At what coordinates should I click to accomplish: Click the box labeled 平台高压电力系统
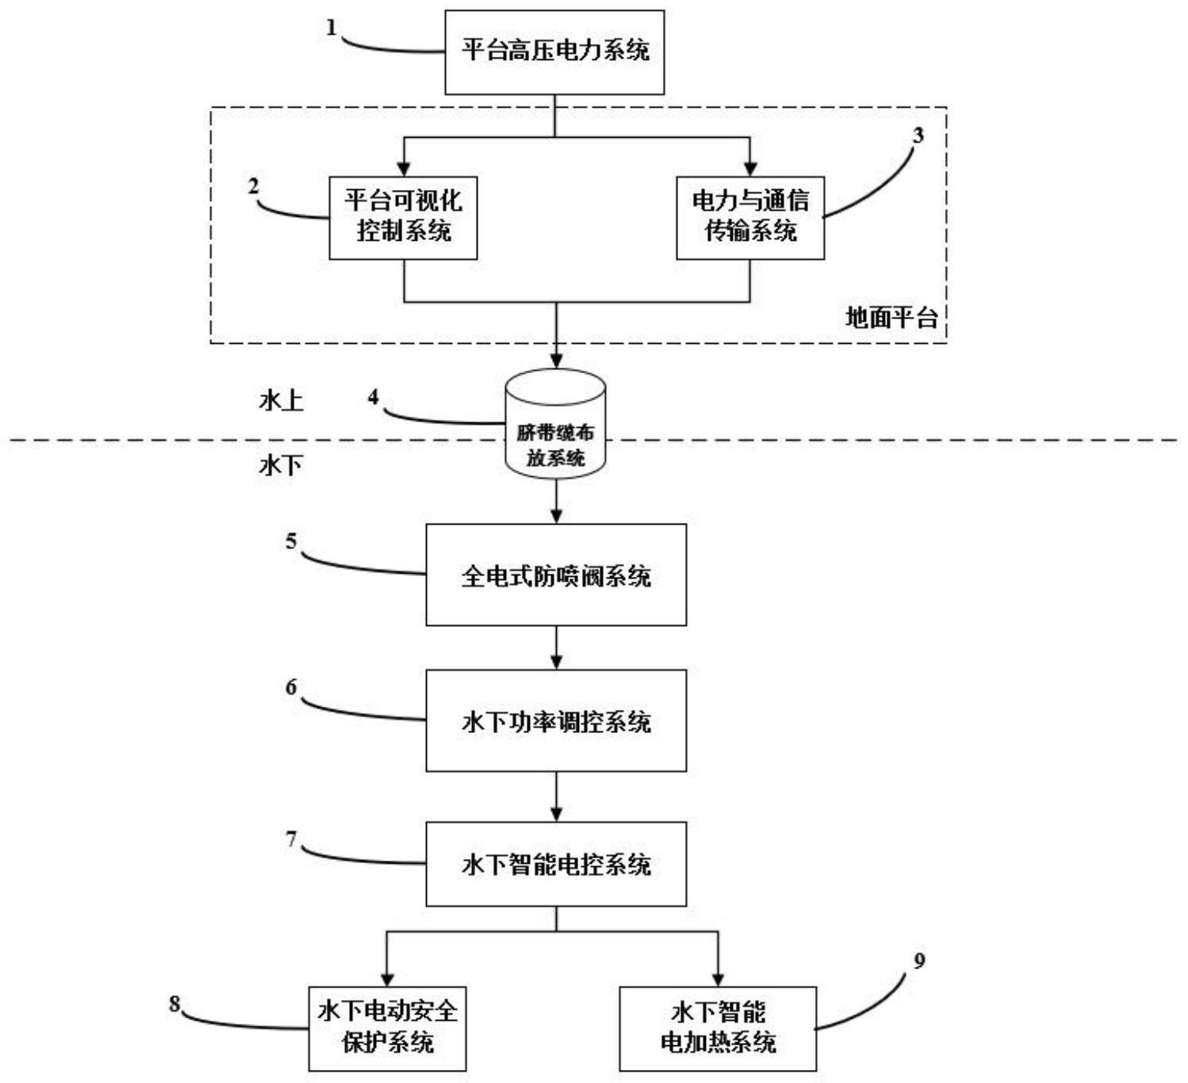click(554, 52)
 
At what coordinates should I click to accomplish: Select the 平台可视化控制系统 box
click(403, 218)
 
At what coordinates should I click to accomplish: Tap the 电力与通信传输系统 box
click(750, 218)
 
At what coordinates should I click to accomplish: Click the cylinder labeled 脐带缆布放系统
click(555, 425)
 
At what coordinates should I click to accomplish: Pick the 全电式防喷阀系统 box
click(556, 575)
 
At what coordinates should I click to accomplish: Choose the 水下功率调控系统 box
click(556, 721)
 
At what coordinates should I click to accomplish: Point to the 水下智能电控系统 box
click(556, 864)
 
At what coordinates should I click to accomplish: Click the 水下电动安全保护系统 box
click(388, 1028)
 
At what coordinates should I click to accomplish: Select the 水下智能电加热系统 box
click(717, 1028)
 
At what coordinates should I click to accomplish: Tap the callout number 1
click(331, 28)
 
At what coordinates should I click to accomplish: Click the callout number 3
click(917, 135)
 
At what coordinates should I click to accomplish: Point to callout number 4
click(374, 397)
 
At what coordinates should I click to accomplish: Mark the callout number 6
click(291, 687)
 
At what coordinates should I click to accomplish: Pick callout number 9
click(919, 961)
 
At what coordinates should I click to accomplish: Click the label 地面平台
click(891, 318)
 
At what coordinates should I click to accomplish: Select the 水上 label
click(281, 401)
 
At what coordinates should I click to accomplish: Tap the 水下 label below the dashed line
click(281, 465)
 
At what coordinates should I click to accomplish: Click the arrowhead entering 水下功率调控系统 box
click(556, 662)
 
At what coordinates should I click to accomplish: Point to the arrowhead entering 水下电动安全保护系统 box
click(387, 979)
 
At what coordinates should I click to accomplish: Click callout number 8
click(175, 1004)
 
